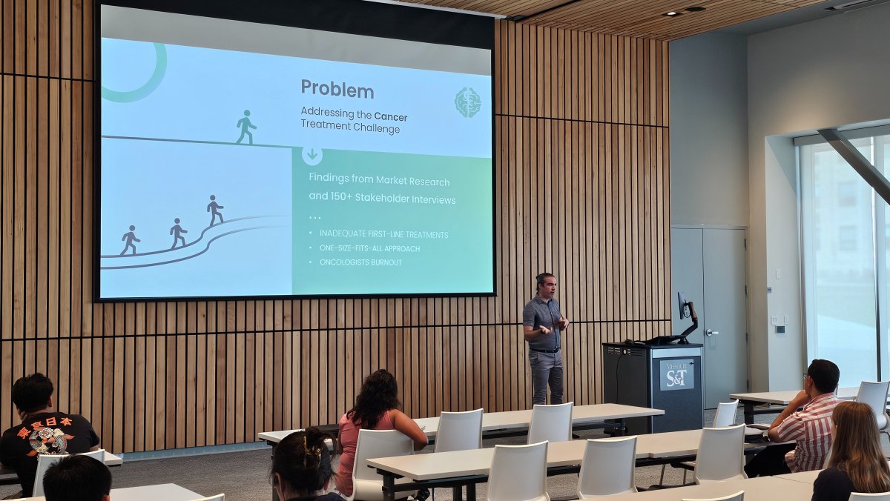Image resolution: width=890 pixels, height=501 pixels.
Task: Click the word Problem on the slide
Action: [x=337, y=89]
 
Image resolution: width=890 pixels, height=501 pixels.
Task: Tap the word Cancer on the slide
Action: [x=390, y=116]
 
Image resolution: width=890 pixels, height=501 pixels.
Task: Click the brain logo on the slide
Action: [x=467, y=102]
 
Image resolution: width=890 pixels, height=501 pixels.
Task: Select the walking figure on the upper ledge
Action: [x=245, y=127]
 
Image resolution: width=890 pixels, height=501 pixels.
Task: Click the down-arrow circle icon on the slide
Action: [x=312, y=156]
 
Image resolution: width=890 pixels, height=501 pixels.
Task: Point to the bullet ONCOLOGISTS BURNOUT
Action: [x=361, y=262]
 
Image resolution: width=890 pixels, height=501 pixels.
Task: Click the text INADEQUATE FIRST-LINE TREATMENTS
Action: [x=383, y=234]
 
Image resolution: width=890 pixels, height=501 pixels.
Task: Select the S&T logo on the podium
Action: [x=676, y=374]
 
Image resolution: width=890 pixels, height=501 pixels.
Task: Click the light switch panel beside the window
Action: [x=777, y=320]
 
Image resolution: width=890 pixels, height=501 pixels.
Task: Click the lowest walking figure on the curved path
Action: [x=131, y=240]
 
